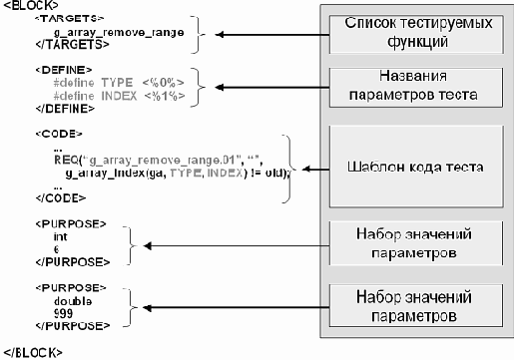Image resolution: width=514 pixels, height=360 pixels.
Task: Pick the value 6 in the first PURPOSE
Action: coord(57,249)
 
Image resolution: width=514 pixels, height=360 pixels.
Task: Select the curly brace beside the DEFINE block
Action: coord(201,84)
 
